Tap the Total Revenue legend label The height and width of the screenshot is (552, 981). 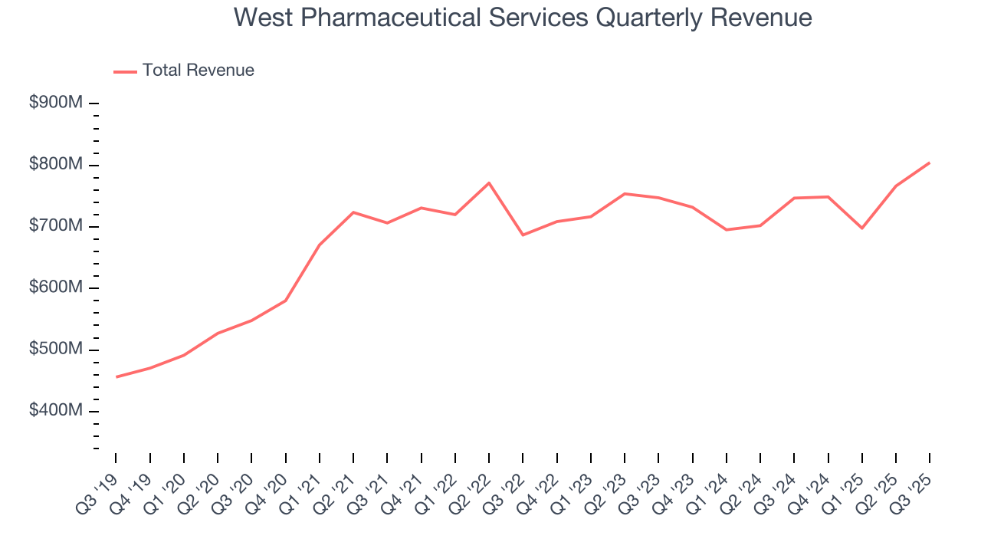(x=198, y=71)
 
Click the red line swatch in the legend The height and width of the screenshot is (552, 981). (x=125, y=71)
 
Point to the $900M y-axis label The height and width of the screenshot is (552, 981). (x=56, y=103)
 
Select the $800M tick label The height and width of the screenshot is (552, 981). (x=56, y=165)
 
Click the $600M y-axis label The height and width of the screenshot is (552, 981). (x=56, y=288)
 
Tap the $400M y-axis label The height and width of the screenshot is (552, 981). (x=56, y=412)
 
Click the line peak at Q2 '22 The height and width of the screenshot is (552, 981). (x=489, y=182)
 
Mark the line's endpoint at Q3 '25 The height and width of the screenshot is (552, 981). (x=930, y=163)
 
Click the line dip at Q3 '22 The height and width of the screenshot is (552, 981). (x=523, y=235)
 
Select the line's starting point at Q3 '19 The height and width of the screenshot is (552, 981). (x=116, y=376)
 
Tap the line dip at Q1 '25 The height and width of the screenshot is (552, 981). (x=862, y=228)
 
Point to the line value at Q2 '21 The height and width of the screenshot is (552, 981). (x=353, y=212)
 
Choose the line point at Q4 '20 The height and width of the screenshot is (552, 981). (x=286, y=301)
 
